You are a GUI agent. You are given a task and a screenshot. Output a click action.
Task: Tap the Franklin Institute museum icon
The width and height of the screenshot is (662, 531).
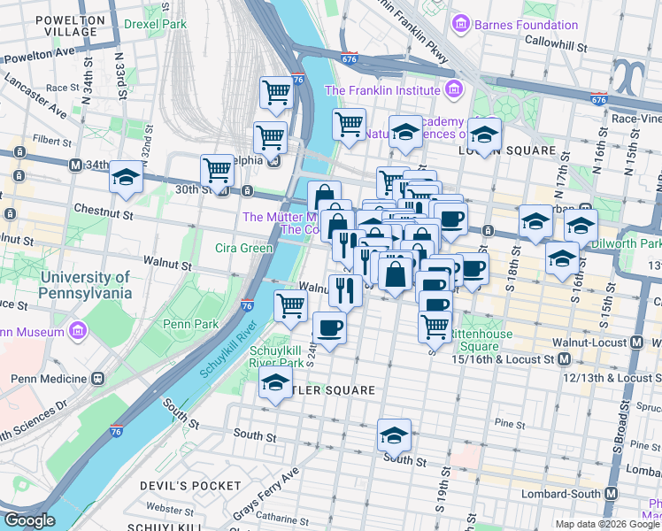(x=454, y=89)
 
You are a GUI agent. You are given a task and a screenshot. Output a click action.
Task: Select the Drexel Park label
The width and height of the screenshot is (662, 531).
(x=155, y=24)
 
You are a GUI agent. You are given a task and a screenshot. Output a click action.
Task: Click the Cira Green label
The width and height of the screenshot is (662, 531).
(x=243, y=248)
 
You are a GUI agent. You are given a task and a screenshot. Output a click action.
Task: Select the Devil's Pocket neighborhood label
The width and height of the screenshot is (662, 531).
(x=190, y=485)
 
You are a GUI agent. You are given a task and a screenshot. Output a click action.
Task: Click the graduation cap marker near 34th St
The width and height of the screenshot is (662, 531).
(x=127, y=177)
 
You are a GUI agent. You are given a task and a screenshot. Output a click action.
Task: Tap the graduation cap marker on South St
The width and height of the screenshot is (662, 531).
(x=394, y=435)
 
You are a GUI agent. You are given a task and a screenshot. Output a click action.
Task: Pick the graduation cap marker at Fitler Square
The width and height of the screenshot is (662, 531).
(x=275, y=384)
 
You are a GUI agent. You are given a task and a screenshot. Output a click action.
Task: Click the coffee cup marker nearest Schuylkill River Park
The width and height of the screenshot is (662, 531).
(x=329, y=328)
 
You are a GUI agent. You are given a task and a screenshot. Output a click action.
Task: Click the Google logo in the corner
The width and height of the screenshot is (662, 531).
(x=29, y=520)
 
